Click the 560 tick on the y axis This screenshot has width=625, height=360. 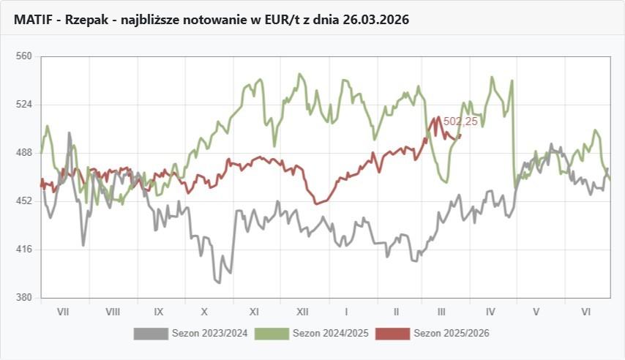(x=25, y=56)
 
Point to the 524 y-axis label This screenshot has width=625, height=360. (x=25, y=104)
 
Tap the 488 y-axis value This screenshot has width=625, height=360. (x=25, y=152)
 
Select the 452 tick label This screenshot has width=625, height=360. (x=25, y=200)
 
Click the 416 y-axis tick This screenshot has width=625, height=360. (x=25, y=250)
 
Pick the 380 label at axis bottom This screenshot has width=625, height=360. (x=25, y=298)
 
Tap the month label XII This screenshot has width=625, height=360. (x=302, y=312)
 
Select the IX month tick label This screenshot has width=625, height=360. (x=159, y=312)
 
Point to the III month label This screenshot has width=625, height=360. (x=441, y=312)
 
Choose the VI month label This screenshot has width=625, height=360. (x=585, y=312)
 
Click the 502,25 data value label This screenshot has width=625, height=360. (x=460, y=121)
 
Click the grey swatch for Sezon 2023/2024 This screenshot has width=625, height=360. (x=151, y=334)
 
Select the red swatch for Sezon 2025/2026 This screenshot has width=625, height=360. (x=392, y=334)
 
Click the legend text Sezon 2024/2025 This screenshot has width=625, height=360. (x=330, y=334)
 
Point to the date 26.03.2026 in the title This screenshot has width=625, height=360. (x=373, y=20)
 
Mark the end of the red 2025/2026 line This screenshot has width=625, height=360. (x=460, y=135)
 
